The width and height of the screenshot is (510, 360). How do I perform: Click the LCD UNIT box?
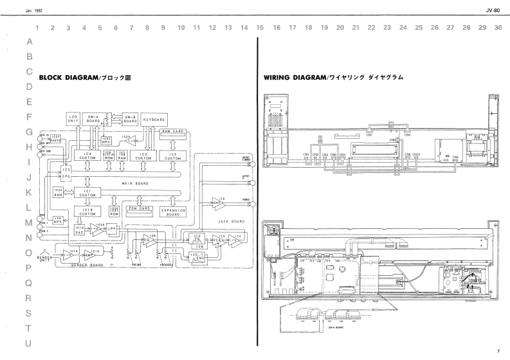[x=73, y=119]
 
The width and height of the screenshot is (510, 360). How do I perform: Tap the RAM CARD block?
[x=173, y=131]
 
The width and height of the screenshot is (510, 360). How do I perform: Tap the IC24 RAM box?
[x=58, y=192]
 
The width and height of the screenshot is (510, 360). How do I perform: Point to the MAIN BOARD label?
[x=134, y=184]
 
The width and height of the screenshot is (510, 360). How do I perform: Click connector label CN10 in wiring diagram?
[x=416, y=154]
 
